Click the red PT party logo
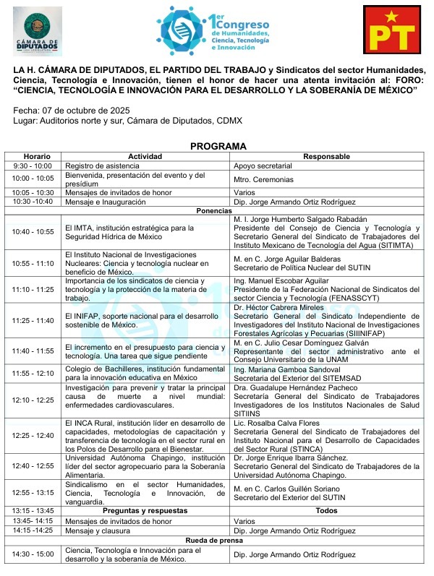(x=393, y=30)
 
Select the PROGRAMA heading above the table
(x=218, y=146)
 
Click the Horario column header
(x=36, y=156)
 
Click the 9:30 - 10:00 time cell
(x=33, y=166)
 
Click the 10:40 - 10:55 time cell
(x=33, y=232)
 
